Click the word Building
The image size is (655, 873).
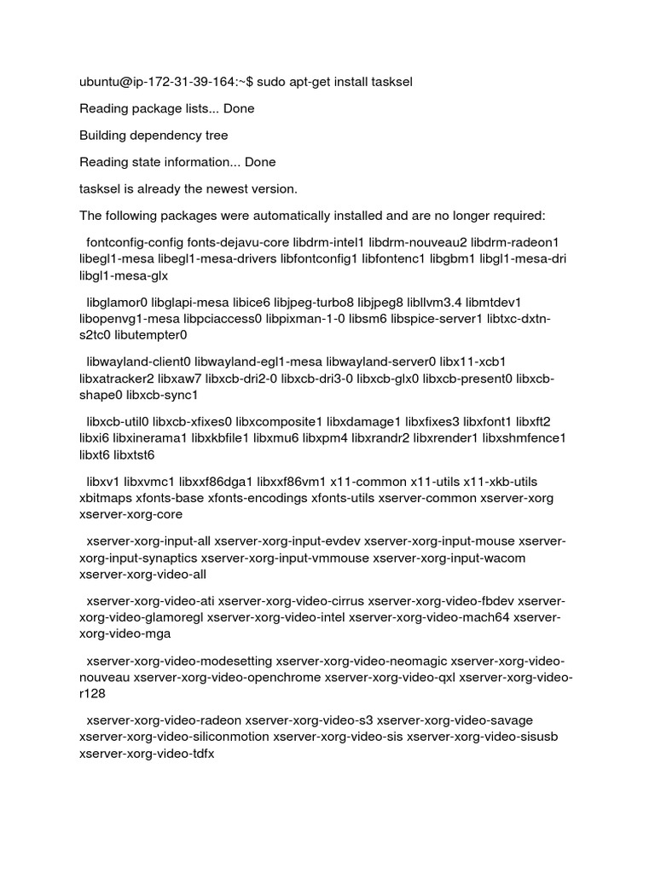(105, 136)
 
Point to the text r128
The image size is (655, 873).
(92, 694)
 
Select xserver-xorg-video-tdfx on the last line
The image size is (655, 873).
(147, 754)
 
